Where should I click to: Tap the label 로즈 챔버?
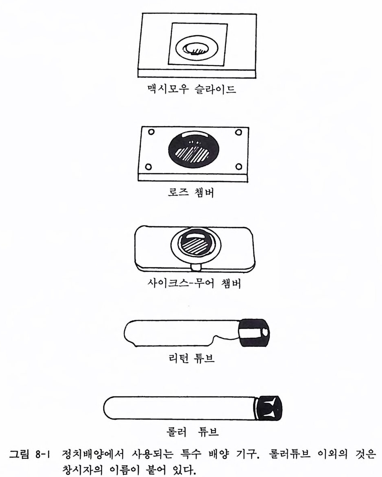(191, 192)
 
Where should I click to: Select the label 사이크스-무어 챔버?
(194, 284)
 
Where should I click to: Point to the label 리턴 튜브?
(191, 358)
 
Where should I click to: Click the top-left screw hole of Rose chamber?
(151, 132)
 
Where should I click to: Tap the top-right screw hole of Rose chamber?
(239, 132)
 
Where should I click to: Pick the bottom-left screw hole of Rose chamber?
(148, 167)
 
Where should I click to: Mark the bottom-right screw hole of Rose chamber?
(239, 166)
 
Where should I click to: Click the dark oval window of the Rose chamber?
(194, 149)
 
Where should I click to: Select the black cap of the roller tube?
(268, 408)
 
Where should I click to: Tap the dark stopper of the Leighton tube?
(254, 333)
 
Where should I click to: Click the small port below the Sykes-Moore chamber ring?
(195, 267)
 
